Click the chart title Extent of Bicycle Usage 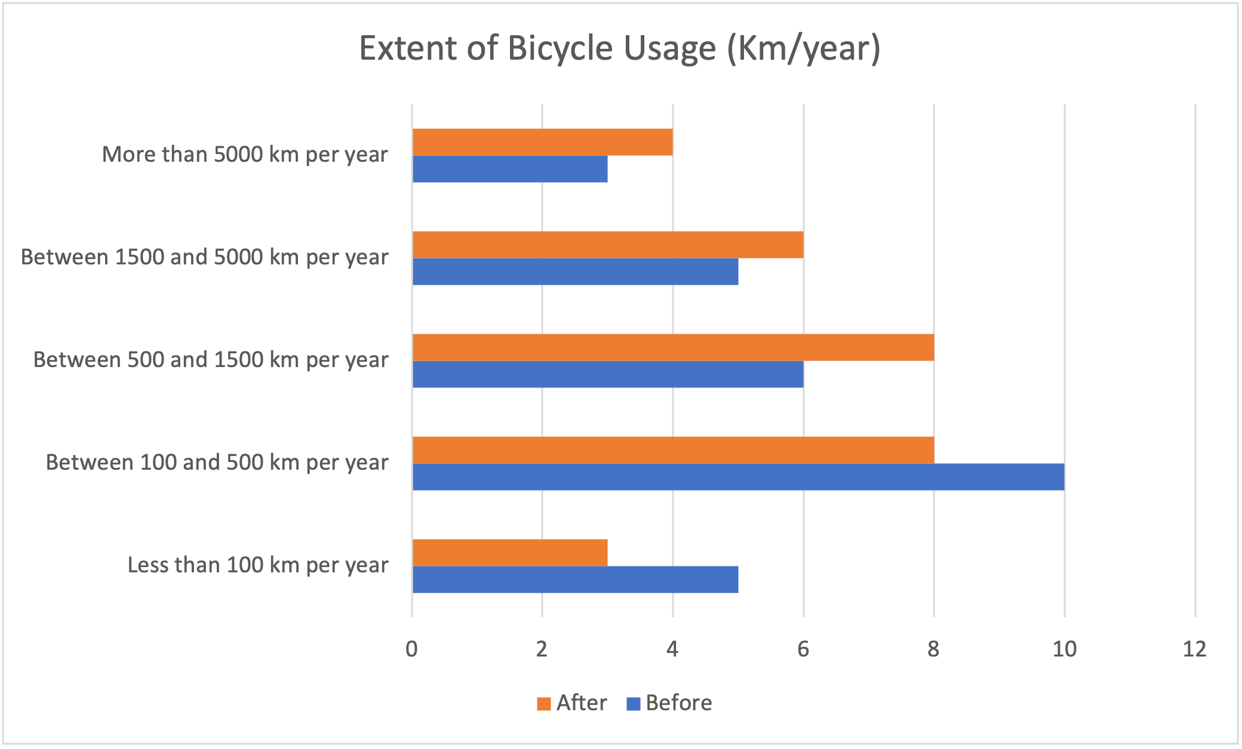[x=619, y=49]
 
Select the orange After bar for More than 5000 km [x=542, y=142]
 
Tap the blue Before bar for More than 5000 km [x=510, y=169]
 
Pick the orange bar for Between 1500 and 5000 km [x=608, y=245]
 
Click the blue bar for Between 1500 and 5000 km [x=575, y=272]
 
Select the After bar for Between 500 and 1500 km [x=673, y=347]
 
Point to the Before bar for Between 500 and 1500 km [x=608, y=374]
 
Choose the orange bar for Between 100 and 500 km [x=673, y=450]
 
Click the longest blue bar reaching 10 [x=738, y=477]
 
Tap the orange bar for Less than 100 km [x=510, y=553]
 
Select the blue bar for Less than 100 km [x=575, y=580]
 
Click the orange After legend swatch [x=543, y=704]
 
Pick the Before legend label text [x=678, y=703]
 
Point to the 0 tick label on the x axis [x=411, y=649]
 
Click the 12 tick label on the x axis [x=1194, y=649]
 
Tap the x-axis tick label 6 [x=803, y=649]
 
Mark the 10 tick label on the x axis [x=1064, y=649]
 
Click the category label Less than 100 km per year [x=257, y=565]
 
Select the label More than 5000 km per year [x=245, y=155]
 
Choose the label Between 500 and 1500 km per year [x=210, y=360]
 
